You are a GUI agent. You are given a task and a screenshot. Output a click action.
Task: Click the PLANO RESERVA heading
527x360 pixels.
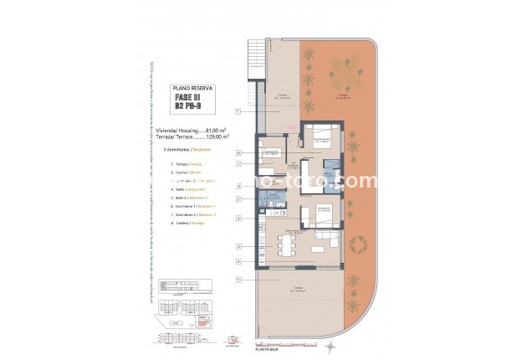point(192,87)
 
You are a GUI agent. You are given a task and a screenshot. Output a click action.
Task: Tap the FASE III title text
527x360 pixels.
point(192,97)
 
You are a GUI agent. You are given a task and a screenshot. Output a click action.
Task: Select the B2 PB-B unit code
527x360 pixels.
point(192,107)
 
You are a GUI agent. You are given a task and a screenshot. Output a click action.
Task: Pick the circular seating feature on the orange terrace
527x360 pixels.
point(357,245)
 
